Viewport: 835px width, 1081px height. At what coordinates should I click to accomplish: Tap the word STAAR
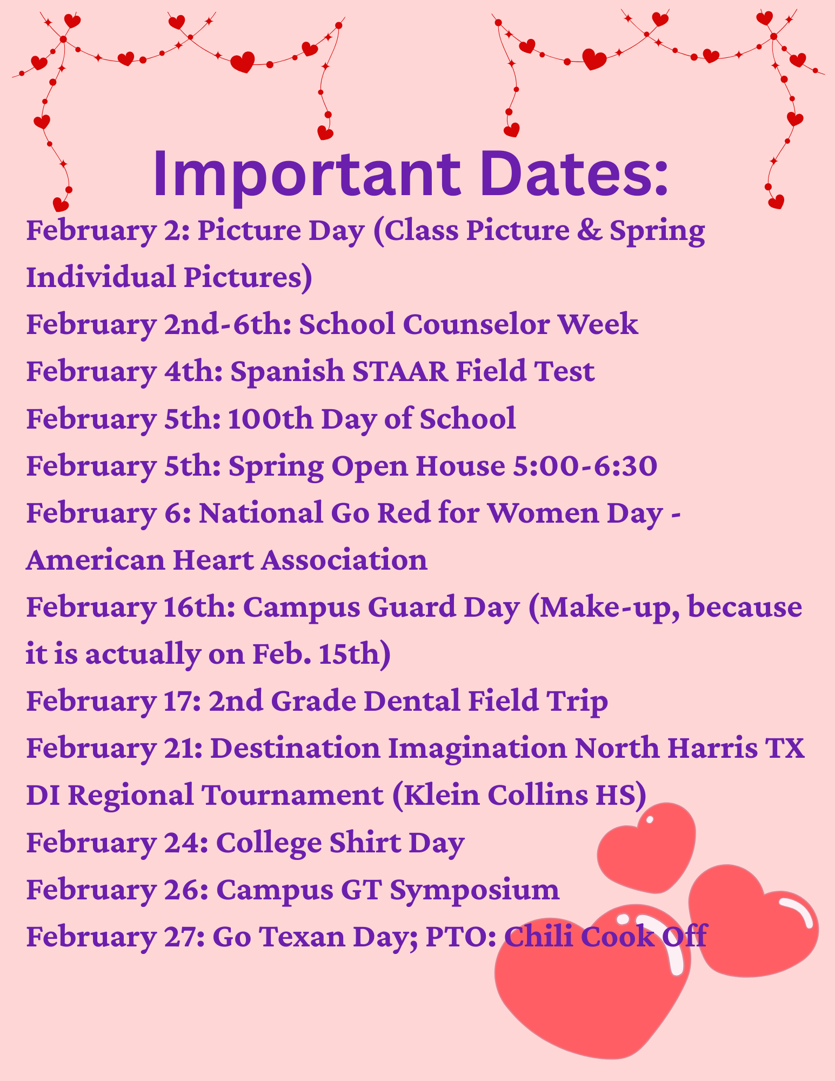pyautogui.click(x=400, y=372)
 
